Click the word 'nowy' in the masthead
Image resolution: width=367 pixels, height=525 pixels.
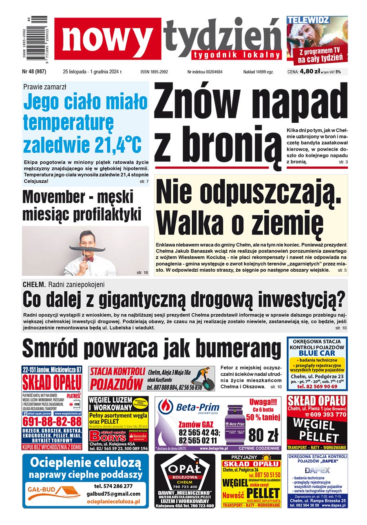click(107, 39)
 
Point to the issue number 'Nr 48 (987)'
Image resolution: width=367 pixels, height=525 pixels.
click(34, 72)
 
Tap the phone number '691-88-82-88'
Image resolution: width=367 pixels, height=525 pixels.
click(52, 421)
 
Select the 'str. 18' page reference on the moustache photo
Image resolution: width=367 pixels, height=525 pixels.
click(142, 272)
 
